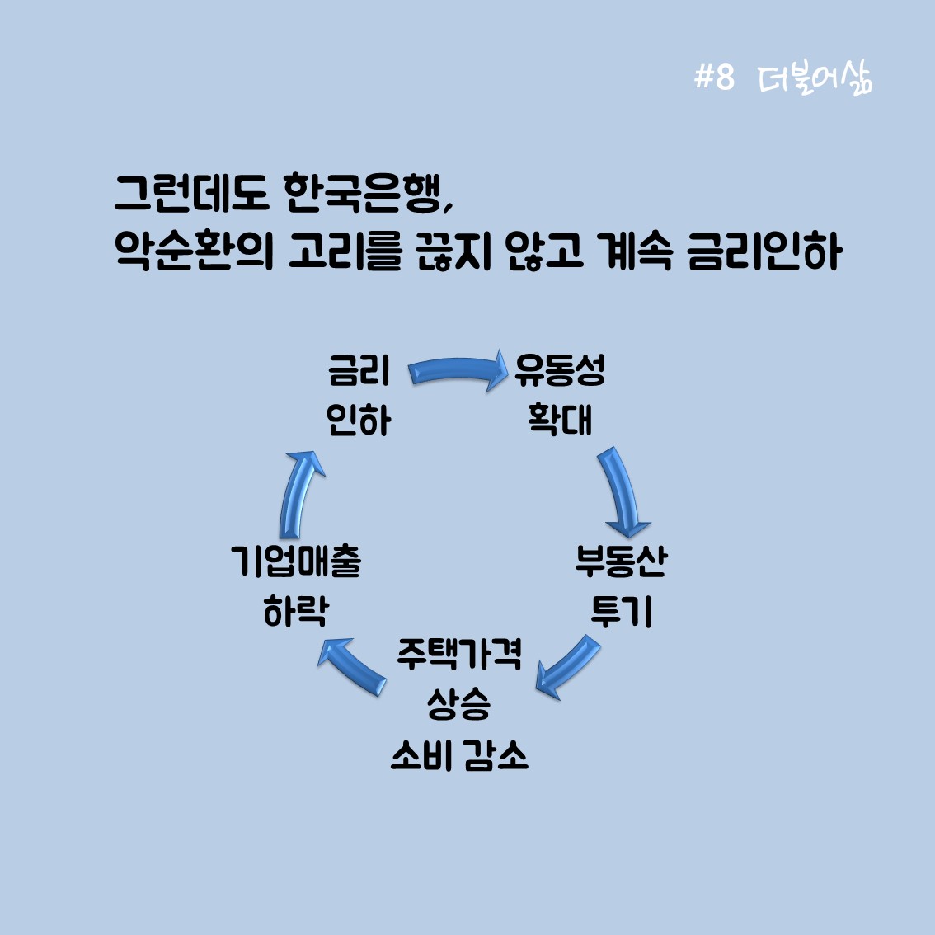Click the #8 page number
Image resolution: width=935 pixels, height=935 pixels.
[x=713, y=78]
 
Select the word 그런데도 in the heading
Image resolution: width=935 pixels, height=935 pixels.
[x=192, y=195]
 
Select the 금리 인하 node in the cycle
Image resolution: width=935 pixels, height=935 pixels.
[x=359, y=396]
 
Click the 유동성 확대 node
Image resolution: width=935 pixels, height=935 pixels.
[x=560, y=396]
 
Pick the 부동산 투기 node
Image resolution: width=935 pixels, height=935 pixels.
[x=621, y=586]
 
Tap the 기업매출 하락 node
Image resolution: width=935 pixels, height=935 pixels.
[x=296, y=586]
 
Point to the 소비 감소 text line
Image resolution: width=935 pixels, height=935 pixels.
[x=458, y=755]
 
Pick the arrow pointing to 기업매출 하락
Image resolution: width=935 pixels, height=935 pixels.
[x=353, y=666]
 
